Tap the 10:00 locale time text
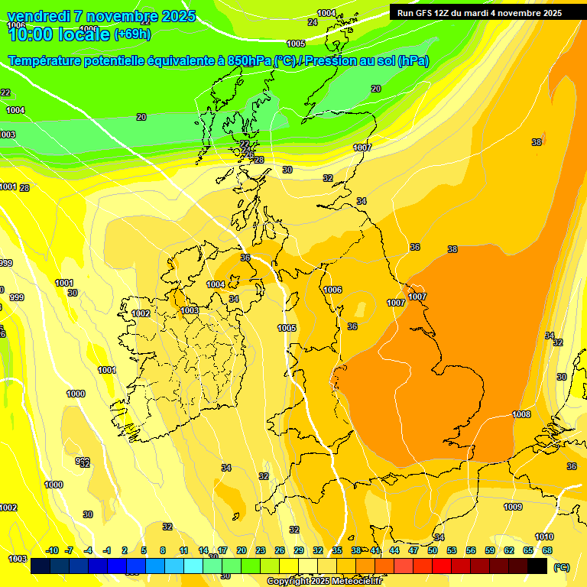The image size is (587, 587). (59, 34)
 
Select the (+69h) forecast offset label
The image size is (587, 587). (132, 34)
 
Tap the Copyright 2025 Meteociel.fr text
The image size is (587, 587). (324, 581)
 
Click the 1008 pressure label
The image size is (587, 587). (521, 414)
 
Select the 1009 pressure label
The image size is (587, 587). (513, 507)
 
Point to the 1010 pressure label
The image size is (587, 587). (544, 537)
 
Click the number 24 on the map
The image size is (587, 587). (312, 22)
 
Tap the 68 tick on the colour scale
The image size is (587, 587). (547, 550)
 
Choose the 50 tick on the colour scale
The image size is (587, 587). (433, 550)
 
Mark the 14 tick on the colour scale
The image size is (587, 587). (203, 550)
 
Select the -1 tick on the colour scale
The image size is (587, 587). (107, 550)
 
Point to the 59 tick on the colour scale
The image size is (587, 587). (490, 550)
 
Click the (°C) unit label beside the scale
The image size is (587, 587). (562, 567)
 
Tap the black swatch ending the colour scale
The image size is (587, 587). (537, 566)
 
